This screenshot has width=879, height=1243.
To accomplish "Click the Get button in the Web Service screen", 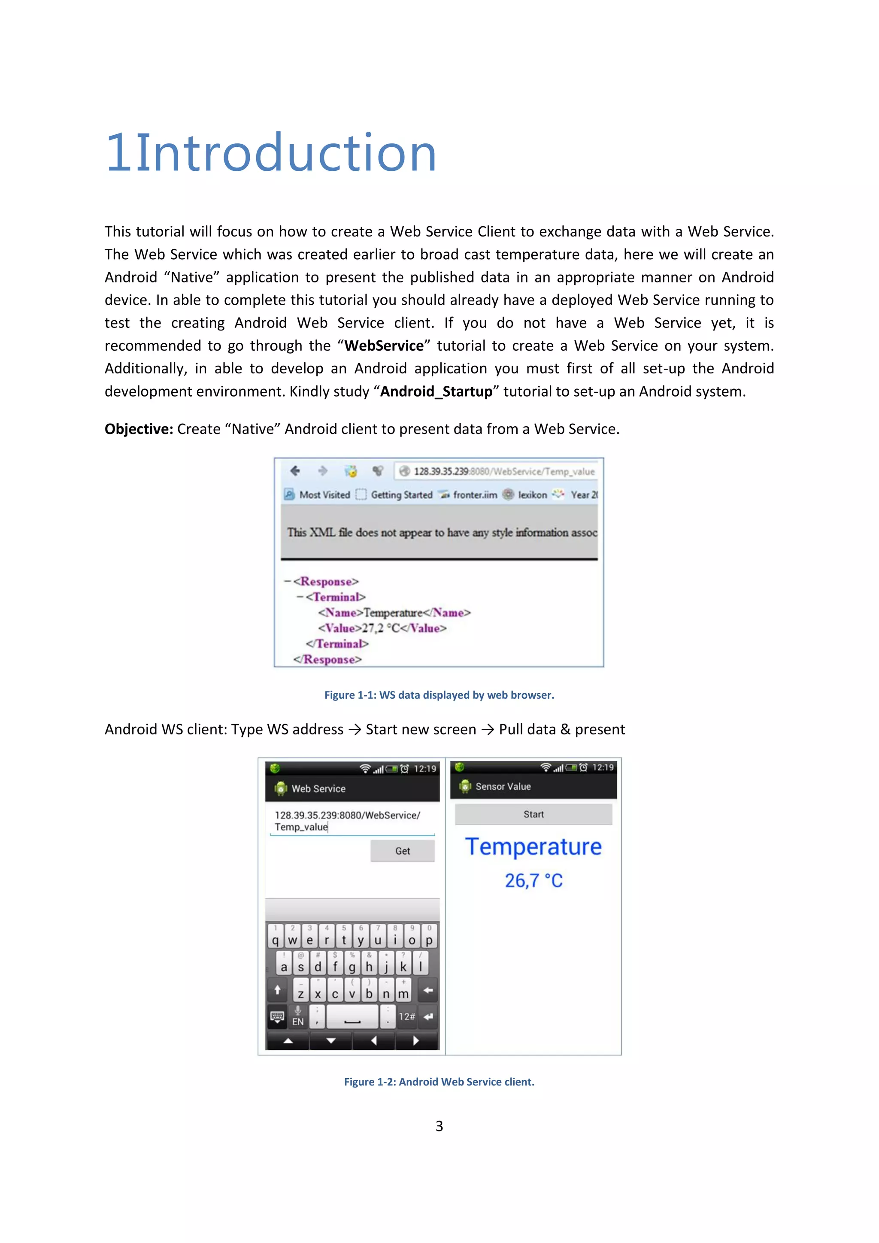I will point(402,851).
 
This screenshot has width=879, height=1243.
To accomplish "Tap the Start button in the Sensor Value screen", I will point(533,814).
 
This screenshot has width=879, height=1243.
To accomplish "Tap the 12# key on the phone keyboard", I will point(406,1017).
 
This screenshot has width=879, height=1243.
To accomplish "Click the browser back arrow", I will point(295,471).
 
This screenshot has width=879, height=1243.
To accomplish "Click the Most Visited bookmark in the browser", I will point(324,495).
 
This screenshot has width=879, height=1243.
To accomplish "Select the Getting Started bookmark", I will point(401,495).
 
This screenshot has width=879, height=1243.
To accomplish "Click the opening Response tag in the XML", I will point(326,582).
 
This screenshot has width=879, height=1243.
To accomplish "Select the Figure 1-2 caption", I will point(439,1082).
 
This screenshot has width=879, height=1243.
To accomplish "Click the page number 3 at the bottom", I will point(439,1126).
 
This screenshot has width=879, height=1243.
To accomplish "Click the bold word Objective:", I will point(139,429).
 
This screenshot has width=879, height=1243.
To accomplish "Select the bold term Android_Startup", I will point(436,391).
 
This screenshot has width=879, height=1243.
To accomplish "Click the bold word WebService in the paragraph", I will point(384,346).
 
